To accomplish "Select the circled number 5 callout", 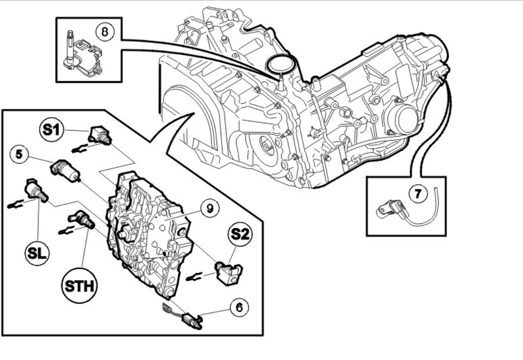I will click(18, 155).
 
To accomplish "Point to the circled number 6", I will click(240, 308).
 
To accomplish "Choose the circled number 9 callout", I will click(209, 208).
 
